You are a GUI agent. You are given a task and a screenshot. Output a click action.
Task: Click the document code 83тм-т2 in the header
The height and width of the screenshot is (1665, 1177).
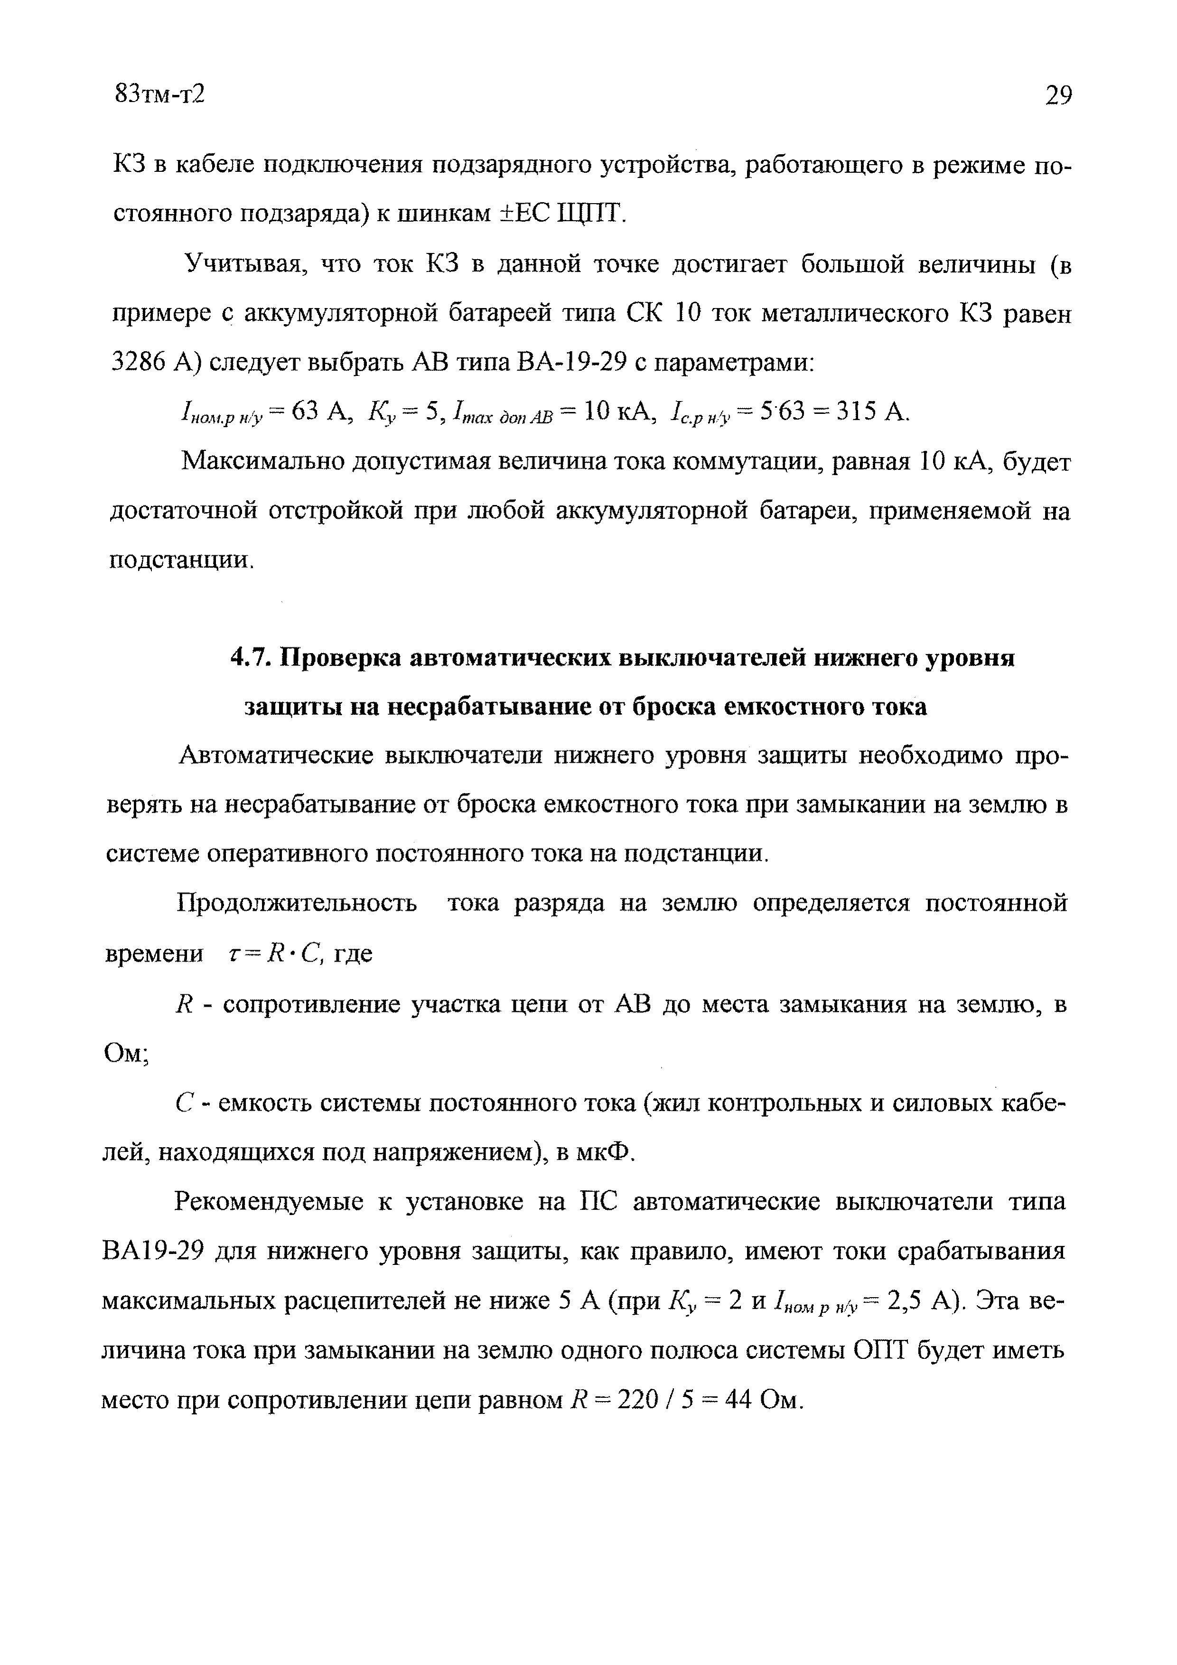160,94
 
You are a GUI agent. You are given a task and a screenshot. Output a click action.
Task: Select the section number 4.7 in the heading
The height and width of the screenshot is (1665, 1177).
251,658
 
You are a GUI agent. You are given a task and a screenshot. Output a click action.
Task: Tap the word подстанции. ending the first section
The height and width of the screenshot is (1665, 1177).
181,561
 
